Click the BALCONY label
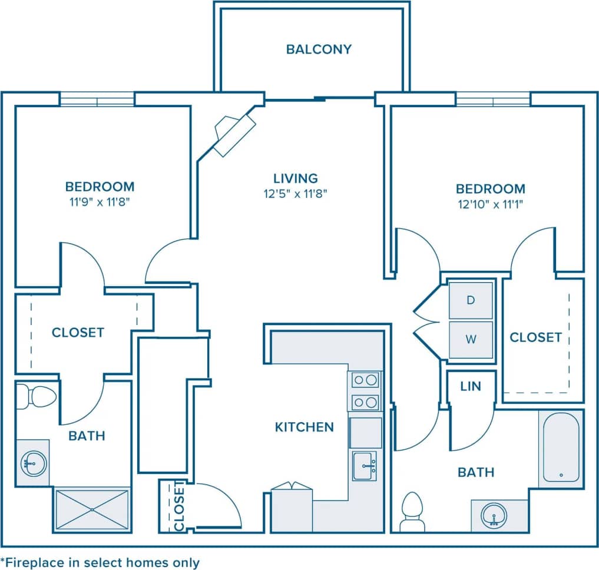coord(319,49)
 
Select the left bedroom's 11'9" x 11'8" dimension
coord(100,202)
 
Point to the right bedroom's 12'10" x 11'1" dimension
coord(490,204)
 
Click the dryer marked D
coord(470,300)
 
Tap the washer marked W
coord(470,340)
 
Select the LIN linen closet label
coord(471,386)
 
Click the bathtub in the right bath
coord(561,448)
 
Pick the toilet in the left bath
coord(37,396)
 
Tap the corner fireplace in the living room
coord(234,135)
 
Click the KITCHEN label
coord(304,427)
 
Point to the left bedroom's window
coord(97,99)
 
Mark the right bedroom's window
coord(492,99)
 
